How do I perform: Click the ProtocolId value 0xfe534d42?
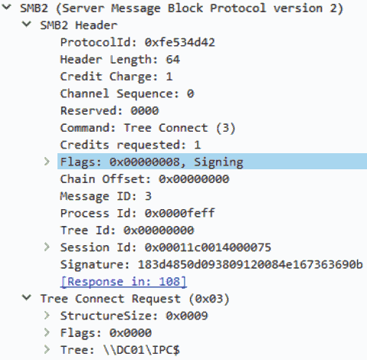tap(180, 42)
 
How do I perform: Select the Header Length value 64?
tap(173, 60)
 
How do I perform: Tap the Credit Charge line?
tap(116, 77)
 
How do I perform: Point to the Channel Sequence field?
tap(127, 93)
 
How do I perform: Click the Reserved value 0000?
tap(145, 111)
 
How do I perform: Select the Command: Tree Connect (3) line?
tap(148, 128)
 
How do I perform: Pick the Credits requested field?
tap(130, 145)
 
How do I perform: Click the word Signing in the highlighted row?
tap(218, 162)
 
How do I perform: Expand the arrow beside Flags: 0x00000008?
tap(47, 162)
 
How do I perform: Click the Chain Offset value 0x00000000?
tap(194, 179)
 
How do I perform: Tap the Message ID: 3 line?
tap(106, 196)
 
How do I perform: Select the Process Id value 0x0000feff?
tap(180, 214)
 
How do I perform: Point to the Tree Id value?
tap(159, 231)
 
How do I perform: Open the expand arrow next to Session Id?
tap(47, 247)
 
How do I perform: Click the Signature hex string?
tap(251, 265)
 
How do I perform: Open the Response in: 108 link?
tap(123, 282)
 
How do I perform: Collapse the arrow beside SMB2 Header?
tap(27, 25)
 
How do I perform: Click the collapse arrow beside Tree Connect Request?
tap(27, 298)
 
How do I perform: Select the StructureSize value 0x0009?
tap(187, 316)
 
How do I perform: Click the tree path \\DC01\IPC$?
tap(142, 350)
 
